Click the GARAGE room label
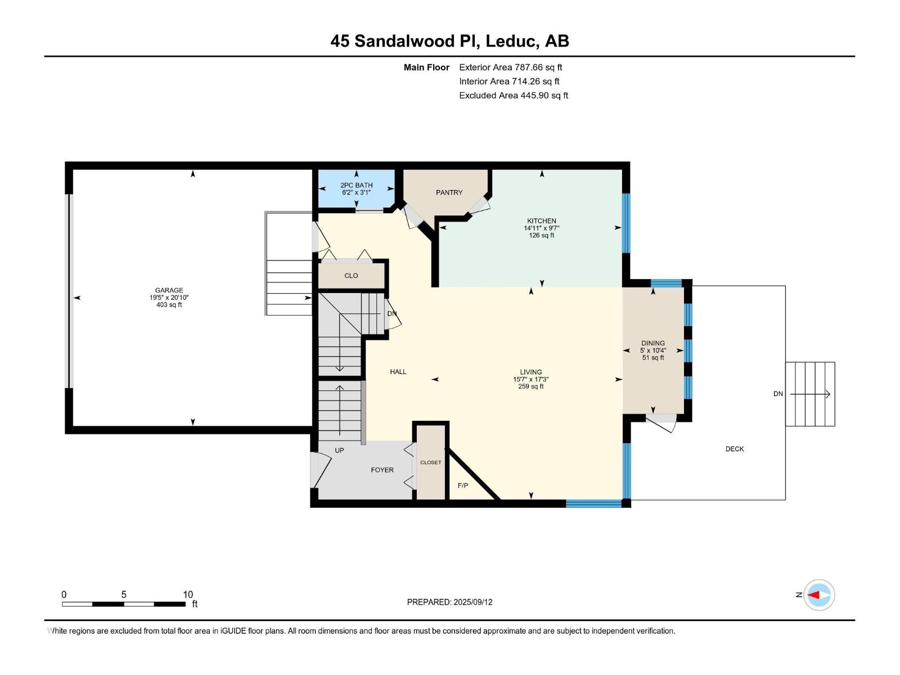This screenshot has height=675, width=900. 169,290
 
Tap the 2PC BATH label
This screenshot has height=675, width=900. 356,185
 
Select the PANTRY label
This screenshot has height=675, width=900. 449,192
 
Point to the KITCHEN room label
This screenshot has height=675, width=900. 542,221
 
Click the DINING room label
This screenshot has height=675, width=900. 653,344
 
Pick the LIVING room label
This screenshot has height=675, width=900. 531,372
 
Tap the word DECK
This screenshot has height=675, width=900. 735,449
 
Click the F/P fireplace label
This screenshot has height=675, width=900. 463,485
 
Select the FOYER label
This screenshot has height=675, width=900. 382,470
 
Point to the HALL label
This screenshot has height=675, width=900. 398,372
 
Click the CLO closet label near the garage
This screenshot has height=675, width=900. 351,276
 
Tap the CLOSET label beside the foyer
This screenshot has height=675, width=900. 430,462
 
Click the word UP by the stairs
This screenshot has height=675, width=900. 340,451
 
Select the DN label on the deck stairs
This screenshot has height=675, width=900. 778,394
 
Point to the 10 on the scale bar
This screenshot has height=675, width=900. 188,594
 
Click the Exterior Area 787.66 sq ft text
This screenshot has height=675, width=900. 511,67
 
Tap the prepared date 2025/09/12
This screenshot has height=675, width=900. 472,602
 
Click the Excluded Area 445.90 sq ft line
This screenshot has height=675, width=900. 514,96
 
